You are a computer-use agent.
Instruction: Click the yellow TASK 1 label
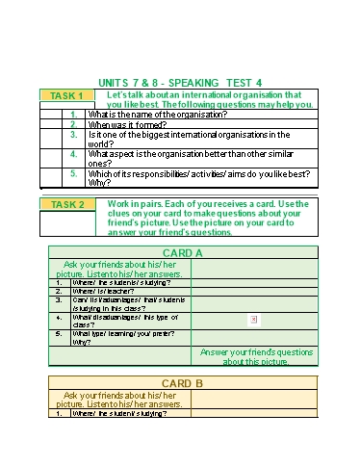click(x=66, y=95)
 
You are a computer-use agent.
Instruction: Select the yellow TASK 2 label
click(x=66, y=204)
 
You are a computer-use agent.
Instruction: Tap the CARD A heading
click(x=182, y=253)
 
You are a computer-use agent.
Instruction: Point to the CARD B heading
click(x=182, y=383)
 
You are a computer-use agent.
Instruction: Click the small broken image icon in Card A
click(x=253, y=319)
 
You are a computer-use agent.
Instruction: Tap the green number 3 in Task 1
click(x=73, y=135)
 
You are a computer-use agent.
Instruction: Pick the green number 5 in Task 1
click(x=73, y=173)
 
